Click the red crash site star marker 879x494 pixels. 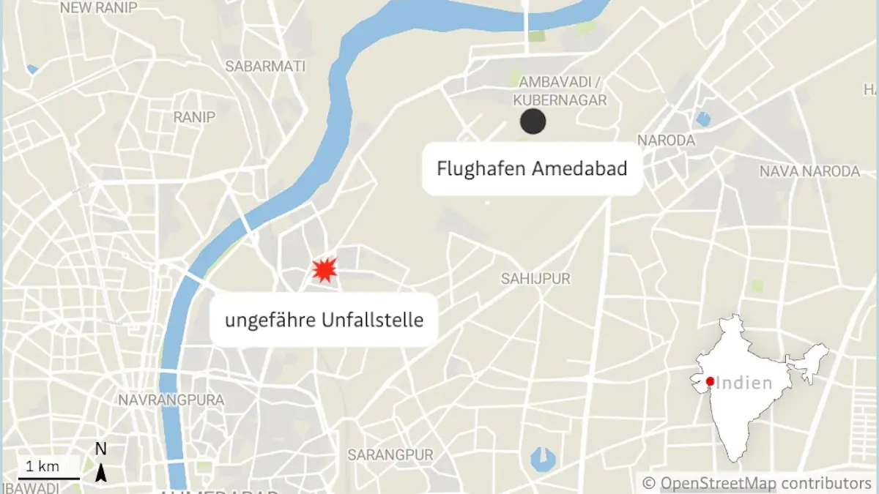[324, 269]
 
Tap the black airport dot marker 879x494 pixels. [533, 121]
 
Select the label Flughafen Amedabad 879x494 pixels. [532, 169]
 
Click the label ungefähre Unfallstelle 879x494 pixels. [324, 320]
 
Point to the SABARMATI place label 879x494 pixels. [265, 67]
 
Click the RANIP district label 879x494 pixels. [194, 117]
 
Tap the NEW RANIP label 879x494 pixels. [99, 8]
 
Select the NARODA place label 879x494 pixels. [666, 140]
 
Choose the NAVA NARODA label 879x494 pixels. [809, 171]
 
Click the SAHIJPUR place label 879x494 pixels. [535, 279]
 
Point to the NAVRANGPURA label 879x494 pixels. [171, 400]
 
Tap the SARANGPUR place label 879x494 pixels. [390, 454]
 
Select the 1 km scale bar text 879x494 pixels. [43, 466]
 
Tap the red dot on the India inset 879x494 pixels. [710, 381]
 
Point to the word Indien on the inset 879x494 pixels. [744, 383]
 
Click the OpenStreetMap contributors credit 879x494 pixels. [757, 483]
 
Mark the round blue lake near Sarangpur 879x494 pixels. [543, 459]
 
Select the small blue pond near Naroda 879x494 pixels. [703, 119]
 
